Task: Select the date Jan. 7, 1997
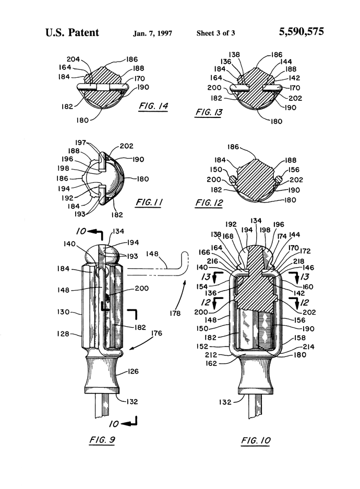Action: (152, 33)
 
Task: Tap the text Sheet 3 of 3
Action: (215, 33)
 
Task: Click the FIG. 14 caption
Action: (153, 106)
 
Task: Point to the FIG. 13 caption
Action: (209, 112)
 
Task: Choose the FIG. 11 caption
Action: (149, 202)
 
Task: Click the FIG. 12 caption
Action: (209, 202)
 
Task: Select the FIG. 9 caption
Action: (102, 440)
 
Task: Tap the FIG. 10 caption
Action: (256, 440)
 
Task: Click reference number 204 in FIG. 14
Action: (73, 59)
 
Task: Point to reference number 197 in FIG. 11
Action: (81, 142)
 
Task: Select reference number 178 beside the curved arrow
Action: (175, 313)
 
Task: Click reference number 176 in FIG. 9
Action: (157, 333)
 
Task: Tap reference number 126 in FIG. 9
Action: (133, 372)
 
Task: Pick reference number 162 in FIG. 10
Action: (211, 363)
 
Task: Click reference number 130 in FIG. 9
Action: (63, 312)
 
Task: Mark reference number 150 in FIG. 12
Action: (215, 169)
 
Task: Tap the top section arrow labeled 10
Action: (90, 232)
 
